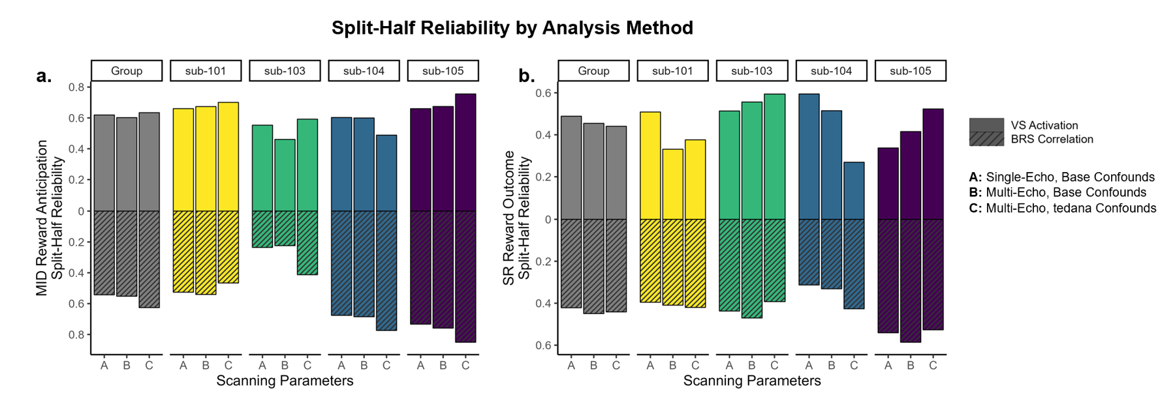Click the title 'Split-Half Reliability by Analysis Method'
click(x=512, y=28)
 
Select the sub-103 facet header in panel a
click(x=285, y=71)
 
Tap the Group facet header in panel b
click(x=593, y=71)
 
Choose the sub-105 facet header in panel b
click(x=910, y=71)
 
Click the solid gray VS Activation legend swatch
click(x=986, y=125)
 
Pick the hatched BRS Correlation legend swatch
click(x=986, y=139)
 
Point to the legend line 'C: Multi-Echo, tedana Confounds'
click(x=1063, y=209)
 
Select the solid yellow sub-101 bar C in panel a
click(x=228, y=156)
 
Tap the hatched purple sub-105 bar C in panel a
click(x=465, y=276)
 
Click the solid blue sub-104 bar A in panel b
click(x=809, y=156)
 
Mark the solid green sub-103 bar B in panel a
click(x=285, y=175)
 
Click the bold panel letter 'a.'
click(x=44, y=76)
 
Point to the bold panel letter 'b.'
click(x=526, y=76)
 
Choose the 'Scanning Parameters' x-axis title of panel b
click(x=752, y=381)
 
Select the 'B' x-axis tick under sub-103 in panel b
click(x=751, y=366)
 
